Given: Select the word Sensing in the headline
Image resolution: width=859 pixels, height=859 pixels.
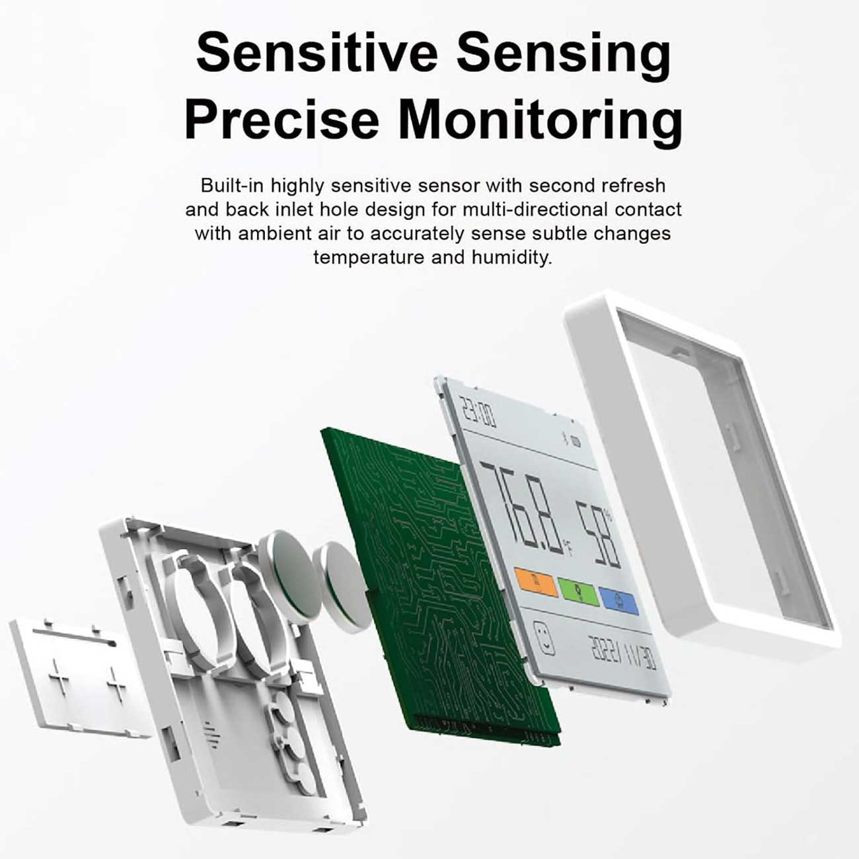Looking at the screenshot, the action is pyautogui.click(x=564, y=55).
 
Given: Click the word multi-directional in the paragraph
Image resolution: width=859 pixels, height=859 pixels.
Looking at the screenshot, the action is pyautogui.click(x=535, y=209).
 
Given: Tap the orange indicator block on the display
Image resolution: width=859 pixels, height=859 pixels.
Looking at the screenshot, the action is pyautogui.click(x=537, y=582).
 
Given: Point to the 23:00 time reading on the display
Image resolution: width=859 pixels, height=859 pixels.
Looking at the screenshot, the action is pyautogui.click(x=478, y=413).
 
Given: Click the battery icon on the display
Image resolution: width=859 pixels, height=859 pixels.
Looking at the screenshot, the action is pyautogui.click(x=576, y=443).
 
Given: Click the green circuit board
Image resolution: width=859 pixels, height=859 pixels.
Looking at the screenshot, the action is pyautogui.click(x=439, y=586).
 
